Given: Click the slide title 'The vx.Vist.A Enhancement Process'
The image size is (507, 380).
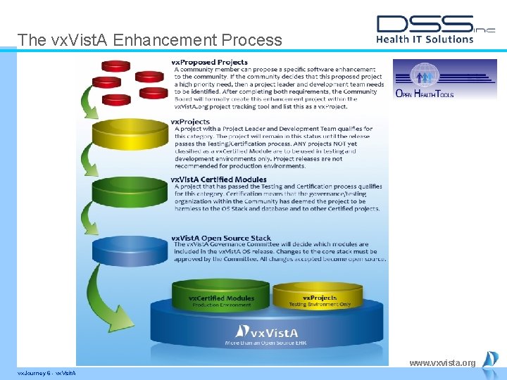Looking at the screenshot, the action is click(149, 40).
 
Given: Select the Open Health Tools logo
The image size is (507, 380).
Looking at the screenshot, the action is click(444, 79).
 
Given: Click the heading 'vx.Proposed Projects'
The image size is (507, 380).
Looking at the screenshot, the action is click(210, 63).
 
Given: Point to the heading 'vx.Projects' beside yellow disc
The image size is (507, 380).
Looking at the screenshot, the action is click(190, 122).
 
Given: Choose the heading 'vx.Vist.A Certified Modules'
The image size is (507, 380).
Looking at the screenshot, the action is click(219, 180).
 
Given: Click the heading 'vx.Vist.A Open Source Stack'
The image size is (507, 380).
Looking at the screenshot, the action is click(221, 238).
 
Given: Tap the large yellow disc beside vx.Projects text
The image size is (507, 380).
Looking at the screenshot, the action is click(129, 133).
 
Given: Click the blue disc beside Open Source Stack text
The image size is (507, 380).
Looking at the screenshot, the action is click(129, 251).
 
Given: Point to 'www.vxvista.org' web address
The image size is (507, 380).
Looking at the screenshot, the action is click(442, 363).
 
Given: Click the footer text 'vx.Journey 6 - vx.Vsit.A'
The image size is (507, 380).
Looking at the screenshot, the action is click(46, 372).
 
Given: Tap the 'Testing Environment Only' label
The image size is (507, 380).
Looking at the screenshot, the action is click(320, 305).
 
